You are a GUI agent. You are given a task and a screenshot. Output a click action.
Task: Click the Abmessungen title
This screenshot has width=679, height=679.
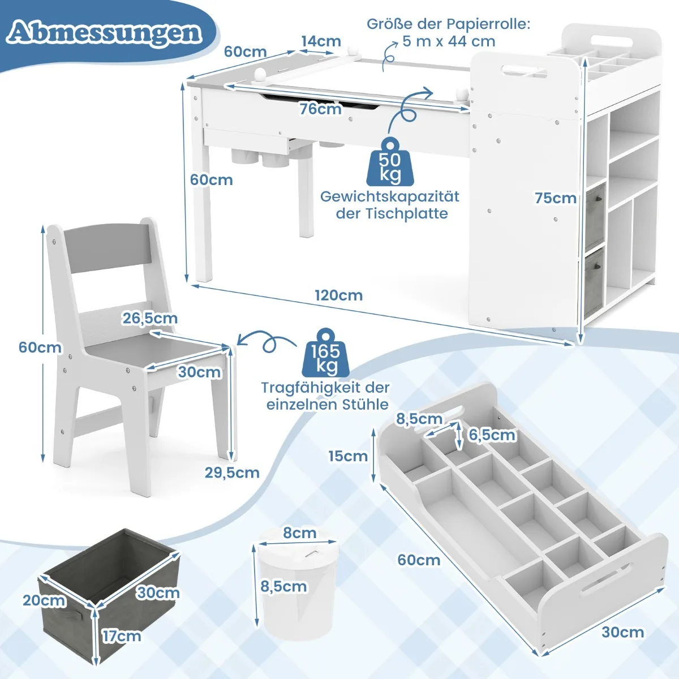[x=105, y=32]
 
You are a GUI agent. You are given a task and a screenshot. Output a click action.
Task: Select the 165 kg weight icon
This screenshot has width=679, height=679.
[x=325, y=354]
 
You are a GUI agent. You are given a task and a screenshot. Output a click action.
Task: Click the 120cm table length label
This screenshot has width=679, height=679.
[x=339, y=295]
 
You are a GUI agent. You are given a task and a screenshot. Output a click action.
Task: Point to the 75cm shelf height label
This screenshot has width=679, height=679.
[x=556, y=198]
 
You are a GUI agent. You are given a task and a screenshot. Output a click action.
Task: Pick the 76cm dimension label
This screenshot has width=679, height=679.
[x=321, y=109]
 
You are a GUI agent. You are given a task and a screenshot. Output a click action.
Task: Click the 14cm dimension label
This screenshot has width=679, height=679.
[x=321, y=41]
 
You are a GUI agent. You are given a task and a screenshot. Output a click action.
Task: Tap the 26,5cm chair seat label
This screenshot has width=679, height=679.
[x=150, y=319]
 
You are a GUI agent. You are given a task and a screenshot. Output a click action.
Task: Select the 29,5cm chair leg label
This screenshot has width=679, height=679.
[x=232, y=472]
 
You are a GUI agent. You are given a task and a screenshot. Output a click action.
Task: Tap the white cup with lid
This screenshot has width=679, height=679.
[x=295, y=588]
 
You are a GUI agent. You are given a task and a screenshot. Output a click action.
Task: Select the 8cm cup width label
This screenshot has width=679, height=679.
[x=300, y=533]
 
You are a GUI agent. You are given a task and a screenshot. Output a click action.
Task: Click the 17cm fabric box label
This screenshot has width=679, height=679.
[x=122, y=636]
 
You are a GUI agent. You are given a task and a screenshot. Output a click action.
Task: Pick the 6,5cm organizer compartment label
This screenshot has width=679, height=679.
[x=492, y=435]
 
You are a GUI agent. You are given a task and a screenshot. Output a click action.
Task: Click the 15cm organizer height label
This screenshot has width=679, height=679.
[x=348, y=455]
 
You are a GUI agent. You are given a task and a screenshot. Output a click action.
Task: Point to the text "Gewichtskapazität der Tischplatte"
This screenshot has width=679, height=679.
[x=390, y=205]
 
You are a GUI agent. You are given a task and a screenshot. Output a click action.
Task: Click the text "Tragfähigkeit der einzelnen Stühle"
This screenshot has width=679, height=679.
[x=325, y=396]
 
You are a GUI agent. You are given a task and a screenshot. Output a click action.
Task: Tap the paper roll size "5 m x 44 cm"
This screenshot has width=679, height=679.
[x=449, y=41]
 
